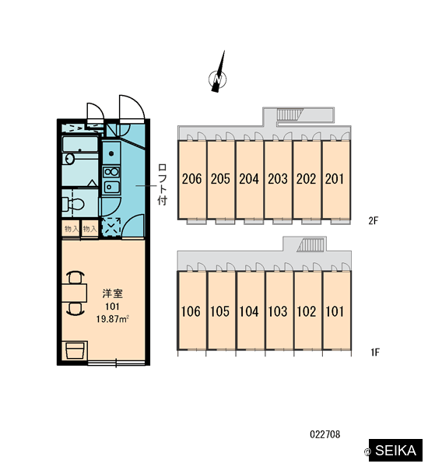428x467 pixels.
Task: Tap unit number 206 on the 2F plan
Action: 191,179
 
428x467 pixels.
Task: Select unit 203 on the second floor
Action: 278,179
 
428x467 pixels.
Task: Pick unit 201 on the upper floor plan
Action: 335,179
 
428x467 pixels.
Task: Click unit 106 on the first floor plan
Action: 191,311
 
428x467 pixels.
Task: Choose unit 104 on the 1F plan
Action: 249,311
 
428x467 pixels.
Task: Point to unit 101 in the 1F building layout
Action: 335,311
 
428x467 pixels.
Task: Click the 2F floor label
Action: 374,221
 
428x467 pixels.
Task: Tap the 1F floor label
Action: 375,353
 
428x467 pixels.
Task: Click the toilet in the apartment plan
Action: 73,204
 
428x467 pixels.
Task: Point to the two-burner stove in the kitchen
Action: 111,172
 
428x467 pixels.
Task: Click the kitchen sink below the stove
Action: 111,187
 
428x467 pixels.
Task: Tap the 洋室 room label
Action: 113,293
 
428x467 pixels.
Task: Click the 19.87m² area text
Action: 112,319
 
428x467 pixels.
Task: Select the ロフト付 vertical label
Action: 163,184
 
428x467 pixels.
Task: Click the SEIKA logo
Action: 395,450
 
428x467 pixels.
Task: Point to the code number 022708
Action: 325,434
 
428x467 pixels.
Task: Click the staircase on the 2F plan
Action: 289,114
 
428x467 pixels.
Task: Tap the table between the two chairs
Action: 75,293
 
